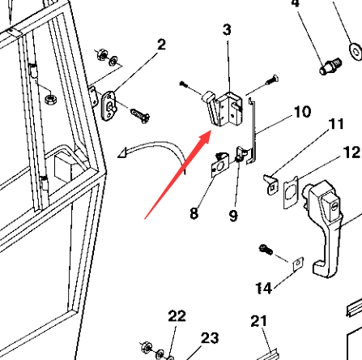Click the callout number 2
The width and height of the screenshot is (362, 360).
pos(161,45)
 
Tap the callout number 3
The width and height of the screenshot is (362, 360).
pos(227,30)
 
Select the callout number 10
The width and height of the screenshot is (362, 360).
pos(302,112)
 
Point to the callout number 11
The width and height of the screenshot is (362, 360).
pos(336,124)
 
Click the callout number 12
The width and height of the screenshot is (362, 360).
pos(352,152)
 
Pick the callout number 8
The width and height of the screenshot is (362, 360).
pos(194,213)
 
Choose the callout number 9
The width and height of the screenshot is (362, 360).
pos(233,216)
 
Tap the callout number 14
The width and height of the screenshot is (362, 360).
pos(264,288)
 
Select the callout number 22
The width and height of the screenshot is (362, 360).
pos(177,316)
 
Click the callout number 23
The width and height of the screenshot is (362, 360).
pos(210,338)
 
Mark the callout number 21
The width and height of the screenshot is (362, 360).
pos(259,321)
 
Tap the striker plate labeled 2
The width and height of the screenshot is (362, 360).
pos(109,105)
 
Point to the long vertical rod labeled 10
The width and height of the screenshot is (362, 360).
pos(253,131)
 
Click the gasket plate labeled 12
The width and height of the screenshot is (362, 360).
pos(291,192)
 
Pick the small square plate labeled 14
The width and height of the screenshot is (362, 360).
pos(298,264)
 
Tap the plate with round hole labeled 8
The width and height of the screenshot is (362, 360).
pos(219,165)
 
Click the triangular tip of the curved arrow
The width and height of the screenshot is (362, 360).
pos(123,153)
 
